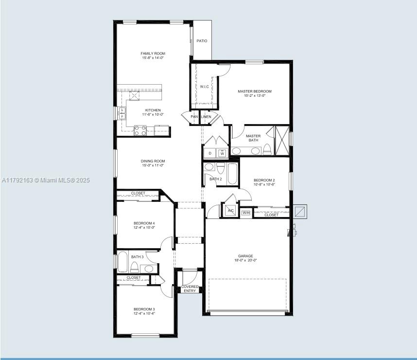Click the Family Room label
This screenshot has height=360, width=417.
point(153,54)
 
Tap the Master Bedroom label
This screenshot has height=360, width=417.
point(254,91)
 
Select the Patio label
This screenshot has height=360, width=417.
point(202,41)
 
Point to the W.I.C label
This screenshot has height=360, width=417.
point(204,87)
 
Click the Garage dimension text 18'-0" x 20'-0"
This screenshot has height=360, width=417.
point(245,260)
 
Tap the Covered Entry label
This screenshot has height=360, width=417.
point(190,288)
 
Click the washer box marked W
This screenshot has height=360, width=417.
point(222,153)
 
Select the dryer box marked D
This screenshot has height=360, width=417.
point(209,153)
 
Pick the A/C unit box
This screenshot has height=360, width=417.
point(230,211)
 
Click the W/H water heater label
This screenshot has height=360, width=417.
point(245,213)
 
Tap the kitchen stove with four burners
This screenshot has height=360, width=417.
point(140,130)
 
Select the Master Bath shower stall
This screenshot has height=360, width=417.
point(281,141)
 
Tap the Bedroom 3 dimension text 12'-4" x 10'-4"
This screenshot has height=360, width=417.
point(144,314)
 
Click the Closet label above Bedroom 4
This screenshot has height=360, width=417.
point(138,193)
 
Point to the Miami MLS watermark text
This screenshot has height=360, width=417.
point(46,180)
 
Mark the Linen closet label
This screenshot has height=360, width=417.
point(206,117)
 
